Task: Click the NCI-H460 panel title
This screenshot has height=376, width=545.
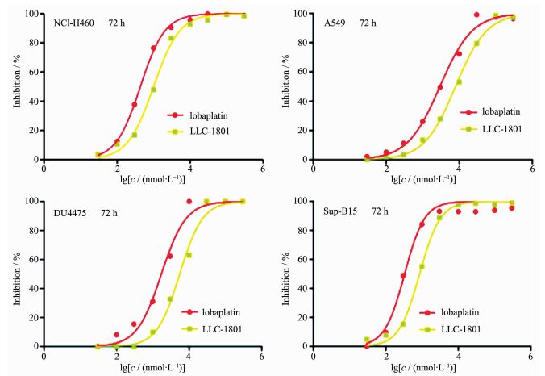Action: click(x=73, y=23)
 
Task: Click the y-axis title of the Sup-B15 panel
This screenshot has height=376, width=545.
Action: click(x=280, y=273)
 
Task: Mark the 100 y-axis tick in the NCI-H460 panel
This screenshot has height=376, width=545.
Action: click(x=32, y=14)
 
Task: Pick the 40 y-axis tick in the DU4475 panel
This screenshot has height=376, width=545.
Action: click(x=35, y=288)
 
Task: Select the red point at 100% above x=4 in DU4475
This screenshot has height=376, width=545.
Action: click(x=189, y=201)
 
